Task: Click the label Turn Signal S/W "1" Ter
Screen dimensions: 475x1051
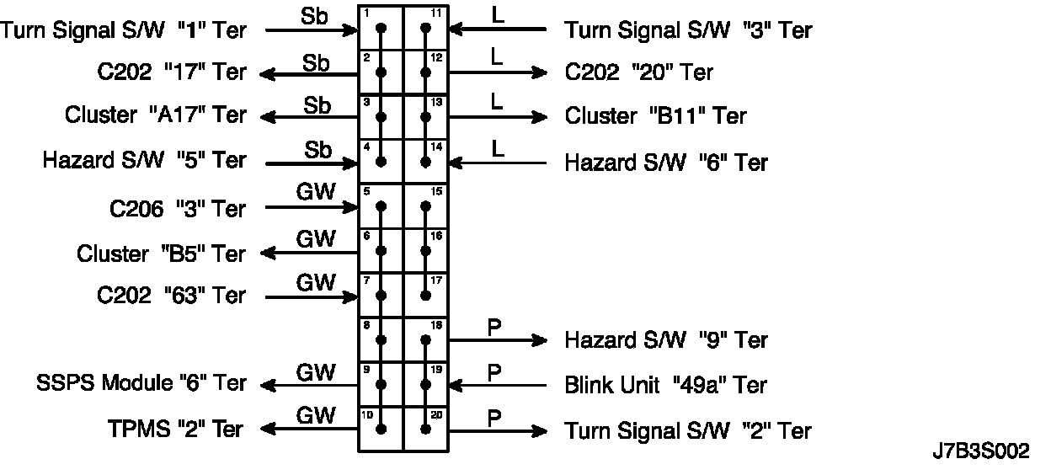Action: point(124,31)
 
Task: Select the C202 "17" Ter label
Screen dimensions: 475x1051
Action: point(171,72)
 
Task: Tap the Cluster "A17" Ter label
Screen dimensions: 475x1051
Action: point(156,115)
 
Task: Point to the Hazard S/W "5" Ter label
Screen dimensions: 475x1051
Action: point(144,160)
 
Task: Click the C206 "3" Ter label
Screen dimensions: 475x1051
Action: point(177,208)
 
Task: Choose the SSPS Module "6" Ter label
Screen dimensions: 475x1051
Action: point(141,384)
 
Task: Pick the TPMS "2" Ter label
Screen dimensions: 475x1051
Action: point(174,430)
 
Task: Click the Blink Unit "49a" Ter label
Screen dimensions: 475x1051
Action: point(665,385)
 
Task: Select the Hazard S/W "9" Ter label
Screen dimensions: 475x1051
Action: point(665,340)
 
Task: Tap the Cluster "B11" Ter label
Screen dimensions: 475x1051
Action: point(655,115)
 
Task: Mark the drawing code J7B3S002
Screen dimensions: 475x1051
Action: point(980,452)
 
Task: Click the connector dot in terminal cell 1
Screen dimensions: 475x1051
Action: point(381,29)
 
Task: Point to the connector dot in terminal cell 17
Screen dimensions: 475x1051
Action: point(426,296)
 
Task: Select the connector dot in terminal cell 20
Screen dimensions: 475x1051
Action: point(426,430)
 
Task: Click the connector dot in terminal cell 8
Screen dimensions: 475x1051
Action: point(381,339)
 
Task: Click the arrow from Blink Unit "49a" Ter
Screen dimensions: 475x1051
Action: point(497,386)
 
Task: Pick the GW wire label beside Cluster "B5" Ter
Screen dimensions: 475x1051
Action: point(316,238)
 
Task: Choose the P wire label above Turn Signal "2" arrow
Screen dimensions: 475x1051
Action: point(495,415)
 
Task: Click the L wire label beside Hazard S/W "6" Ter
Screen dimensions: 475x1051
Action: point(497,148)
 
